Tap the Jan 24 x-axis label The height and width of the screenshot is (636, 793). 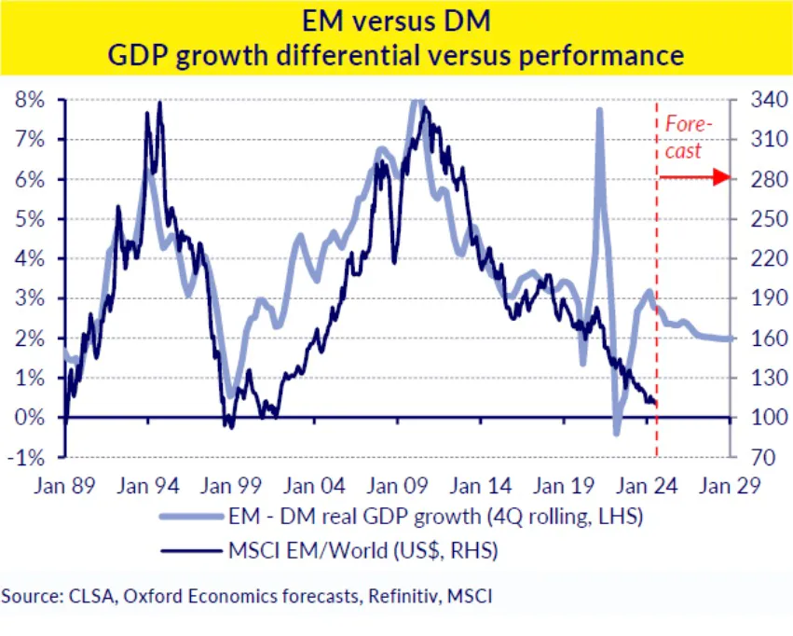[645, 486]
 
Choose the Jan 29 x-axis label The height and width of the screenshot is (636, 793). [729, 486]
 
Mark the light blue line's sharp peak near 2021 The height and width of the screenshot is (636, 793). [598, 111]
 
